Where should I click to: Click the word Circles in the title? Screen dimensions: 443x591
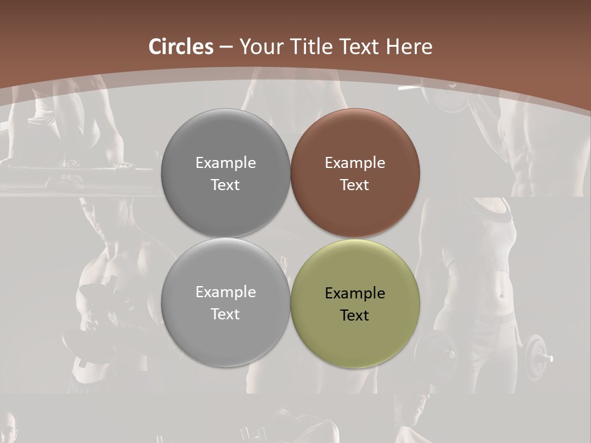pos(180,47)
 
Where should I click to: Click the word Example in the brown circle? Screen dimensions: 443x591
pos(355,163)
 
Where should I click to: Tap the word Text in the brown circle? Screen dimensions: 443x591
pos(355,185)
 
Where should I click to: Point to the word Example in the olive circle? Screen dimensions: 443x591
pos(355,293)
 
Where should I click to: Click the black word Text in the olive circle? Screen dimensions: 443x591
pos(355,316)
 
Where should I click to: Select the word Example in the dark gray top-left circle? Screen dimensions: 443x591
pos(225,163)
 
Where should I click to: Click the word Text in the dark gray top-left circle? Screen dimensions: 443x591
pos(225,185)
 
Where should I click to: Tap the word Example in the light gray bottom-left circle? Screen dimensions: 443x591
pos(225,292)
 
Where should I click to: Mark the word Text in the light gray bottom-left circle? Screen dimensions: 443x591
pos(225,314)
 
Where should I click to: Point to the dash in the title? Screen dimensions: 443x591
pos(225,47)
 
